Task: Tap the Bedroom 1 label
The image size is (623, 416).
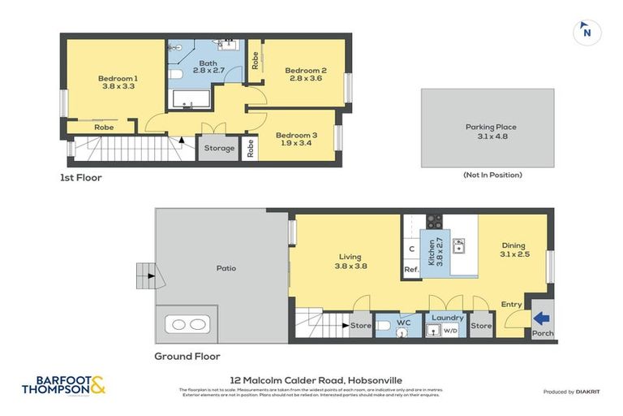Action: click(x=119, y=78)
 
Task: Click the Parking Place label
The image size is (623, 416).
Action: click(x=490, y=127)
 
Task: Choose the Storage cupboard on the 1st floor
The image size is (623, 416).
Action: click(x=219, y=149)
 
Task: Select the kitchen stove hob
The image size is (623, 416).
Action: click(x=433, y=222)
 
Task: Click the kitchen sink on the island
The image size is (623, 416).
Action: click(x=458, y=243)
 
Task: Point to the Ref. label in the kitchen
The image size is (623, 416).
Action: click(x=411, y=270)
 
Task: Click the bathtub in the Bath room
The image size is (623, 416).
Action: click(x=189, y=101)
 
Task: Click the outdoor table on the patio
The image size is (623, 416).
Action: click(x=187, y=324)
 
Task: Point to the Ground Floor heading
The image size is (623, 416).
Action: click(x=187, y=356)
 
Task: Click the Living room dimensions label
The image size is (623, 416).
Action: click(x=349, y=265)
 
